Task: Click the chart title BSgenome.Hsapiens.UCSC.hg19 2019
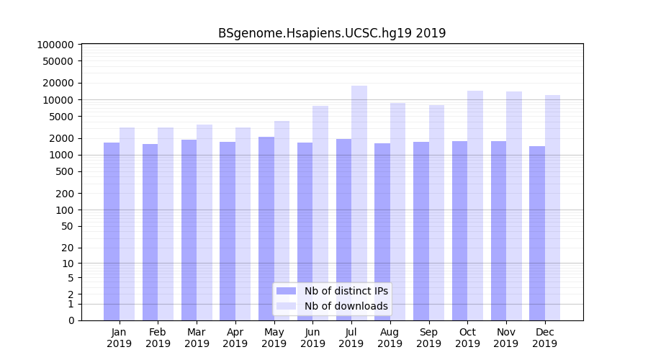pos(332,33)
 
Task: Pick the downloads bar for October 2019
pos(475,205)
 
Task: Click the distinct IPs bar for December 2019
pos(537,233)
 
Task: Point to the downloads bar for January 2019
pos(127,224)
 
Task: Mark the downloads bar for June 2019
pos(320,213)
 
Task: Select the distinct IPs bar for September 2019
pos(421,231)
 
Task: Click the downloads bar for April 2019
pos(243,224)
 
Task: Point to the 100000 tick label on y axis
pos(55,45)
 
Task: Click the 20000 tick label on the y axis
pos(58,83)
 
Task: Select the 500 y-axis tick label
pos(64,171)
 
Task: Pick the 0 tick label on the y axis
pos(71,320)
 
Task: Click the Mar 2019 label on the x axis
pos(197,338)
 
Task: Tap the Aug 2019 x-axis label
pos(390,338)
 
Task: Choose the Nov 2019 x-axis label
pos(506,338)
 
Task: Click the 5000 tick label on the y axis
pos(61,117)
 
